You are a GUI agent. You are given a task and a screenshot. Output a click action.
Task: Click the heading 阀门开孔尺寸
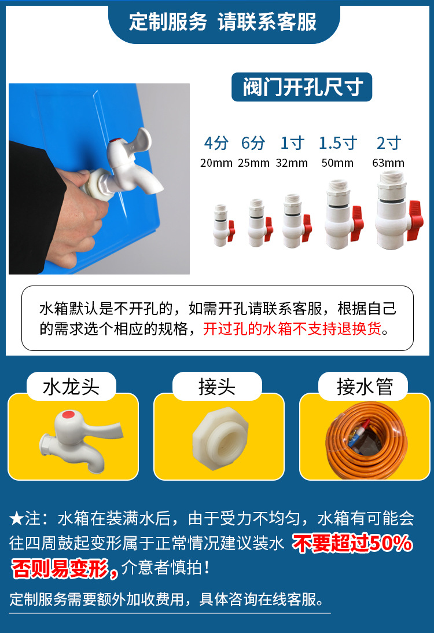(301, 87)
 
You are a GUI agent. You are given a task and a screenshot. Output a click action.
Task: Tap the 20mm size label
(216, 163)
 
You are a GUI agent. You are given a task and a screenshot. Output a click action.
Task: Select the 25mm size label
(253, 163)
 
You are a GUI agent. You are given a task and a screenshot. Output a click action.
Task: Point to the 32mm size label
(292, 163)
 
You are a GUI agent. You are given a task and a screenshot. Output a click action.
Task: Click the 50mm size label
(337, 163)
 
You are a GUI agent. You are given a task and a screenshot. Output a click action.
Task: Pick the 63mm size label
(388, 163)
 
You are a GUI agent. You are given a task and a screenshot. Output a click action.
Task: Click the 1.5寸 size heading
(338, 143)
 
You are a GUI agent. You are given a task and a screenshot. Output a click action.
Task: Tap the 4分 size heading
(216, 143)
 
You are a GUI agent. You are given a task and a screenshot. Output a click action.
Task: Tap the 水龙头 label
(71, 387)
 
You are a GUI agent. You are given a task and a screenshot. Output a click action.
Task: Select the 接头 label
(217, 387)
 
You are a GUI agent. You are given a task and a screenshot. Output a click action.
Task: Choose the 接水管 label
(365, 387)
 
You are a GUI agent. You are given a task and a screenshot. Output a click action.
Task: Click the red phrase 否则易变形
(61, 568)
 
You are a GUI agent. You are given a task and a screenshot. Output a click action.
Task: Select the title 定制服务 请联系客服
(223, 22)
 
